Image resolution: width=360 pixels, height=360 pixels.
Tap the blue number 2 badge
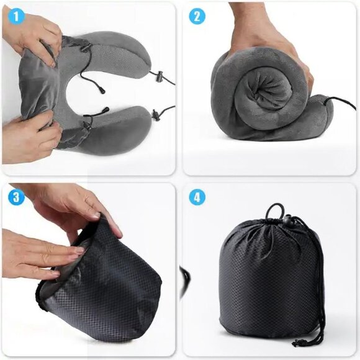click(197, 16)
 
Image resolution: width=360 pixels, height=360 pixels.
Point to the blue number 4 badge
click(197, 198)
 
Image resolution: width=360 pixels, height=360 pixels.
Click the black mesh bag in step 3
click(112, 286)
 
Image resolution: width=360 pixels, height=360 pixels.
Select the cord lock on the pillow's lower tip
click(156, 114)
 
